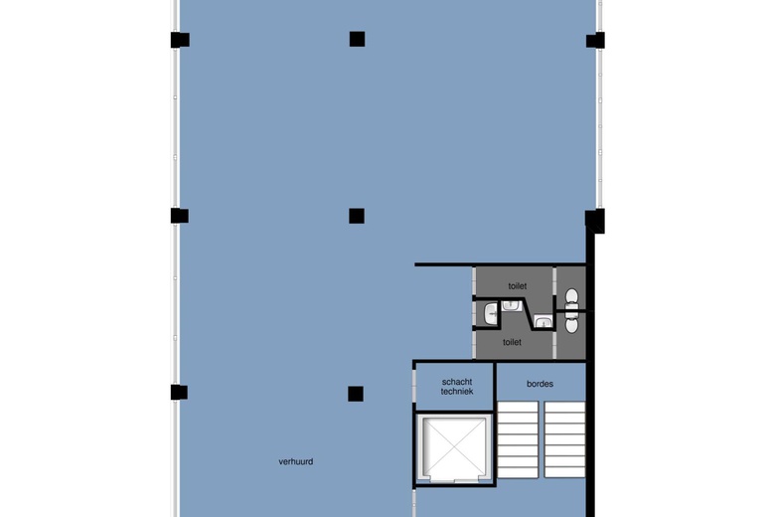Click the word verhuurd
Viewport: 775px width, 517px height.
pyautogui.click(x=295, y=461)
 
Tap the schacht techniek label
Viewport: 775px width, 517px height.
pyautogui.click(x=457, y=387)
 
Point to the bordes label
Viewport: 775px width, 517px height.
pyautogui.click(x=540, y=384)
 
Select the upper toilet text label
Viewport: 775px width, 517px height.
pyautogui.click(x=517, y=286)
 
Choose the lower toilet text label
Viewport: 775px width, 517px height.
pyautogui.click(x=512, y=342)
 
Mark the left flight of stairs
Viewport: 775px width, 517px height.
pyautogui.click(x=518, y=439)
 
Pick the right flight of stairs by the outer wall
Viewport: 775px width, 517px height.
pyautogui.click(x=564, y=439)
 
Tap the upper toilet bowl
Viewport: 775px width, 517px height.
pyautogui.click(x=571, y=297)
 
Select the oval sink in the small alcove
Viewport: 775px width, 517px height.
pyautogui.click(x=491, y=314)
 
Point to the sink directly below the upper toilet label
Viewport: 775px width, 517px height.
pyautogui.click(x=511, y=306)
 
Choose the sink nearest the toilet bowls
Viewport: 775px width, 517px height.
pyautogui.click(x=543, y=322)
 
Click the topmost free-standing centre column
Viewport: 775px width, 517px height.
pyautogui.click(x=357, y=39)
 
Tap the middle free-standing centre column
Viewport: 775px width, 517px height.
pyautogui.click(x=357, y=216)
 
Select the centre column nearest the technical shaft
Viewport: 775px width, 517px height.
pyautogui.click(x=356, y=394)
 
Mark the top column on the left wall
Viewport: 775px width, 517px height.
pyautogui.click(x=180, y=40)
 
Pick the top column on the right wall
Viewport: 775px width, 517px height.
pyautogui.click(x=595, y=41)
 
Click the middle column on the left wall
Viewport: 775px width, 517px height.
pyautogui.click(x=180, y=216)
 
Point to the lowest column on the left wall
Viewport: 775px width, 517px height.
pyautogui.click(x=179, y=393)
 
